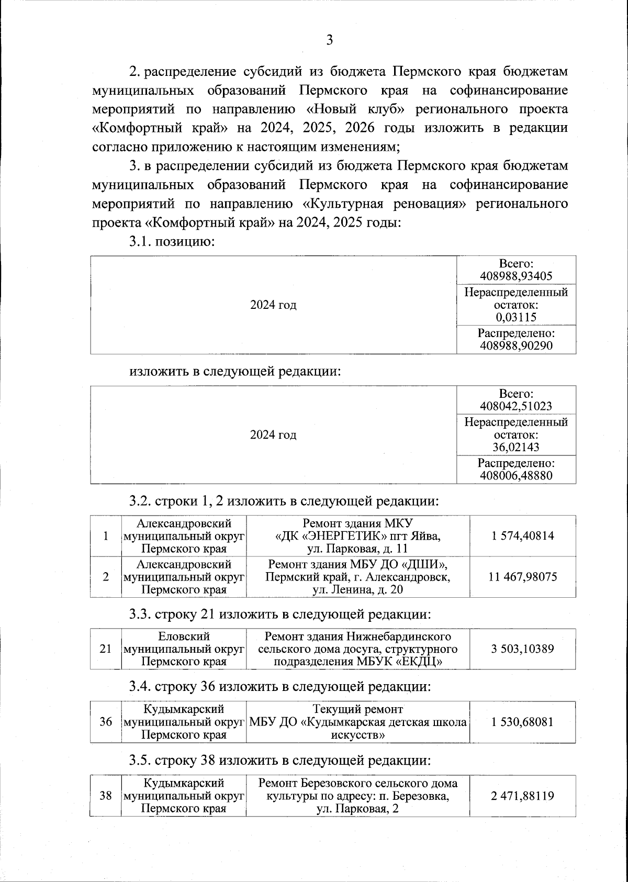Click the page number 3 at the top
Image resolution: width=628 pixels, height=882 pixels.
329,41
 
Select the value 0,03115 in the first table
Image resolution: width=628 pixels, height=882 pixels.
516,317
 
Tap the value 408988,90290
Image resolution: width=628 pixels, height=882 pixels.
516,345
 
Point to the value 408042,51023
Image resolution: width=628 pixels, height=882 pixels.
516,406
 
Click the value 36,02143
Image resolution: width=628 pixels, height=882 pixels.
516,447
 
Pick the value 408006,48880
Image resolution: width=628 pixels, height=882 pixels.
516,475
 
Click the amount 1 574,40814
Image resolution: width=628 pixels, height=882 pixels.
523,535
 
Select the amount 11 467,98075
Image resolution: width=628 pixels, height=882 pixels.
523,577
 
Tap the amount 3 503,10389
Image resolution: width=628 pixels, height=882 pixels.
523,649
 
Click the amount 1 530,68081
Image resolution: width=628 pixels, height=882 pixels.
523,722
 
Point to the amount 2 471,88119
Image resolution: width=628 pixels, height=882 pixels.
523,796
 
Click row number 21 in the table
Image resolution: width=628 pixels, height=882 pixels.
106,649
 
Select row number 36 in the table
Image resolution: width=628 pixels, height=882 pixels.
106,722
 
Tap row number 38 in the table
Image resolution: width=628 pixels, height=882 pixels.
106,796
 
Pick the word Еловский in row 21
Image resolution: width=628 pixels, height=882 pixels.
184,637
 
